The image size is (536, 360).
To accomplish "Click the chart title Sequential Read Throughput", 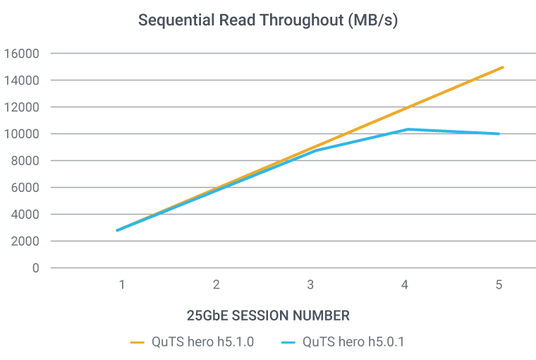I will (x=268, y=20).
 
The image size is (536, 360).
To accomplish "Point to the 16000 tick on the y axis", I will (x=24, y=54).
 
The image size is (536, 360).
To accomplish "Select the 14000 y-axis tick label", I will (x=24, y=80).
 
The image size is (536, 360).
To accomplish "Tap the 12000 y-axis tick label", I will (x=24, y=107).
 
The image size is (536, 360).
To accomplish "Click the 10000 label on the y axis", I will (x=24, y=134).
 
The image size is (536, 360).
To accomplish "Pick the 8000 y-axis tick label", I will (x=27, y=161).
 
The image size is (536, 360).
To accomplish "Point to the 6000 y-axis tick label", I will (x=27, y=188).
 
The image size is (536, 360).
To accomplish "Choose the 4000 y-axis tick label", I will (x=27, y=215).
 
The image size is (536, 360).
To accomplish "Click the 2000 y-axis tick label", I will (x=27, y=241).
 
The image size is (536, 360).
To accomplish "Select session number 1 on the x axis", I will (x=122, y=286).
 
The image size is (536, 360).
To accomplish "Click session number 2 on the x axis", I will (x=217, y=286).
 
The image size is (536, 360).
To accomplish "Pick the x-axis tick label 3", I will (x=310, y=286).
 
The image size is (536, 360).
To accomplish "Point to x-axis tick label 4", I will (x=405, y=286).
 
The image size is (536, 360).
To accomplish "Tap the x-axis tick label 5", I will (x=499, y=286).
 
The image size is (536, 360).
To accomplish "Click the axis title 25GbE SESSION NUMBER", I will (x=268, y=314).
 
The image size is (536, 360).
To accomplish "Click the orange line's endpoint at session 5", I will (x=503, y=67).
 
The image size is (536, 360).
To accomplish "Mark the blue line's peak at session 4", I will (x=406, y=129).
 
